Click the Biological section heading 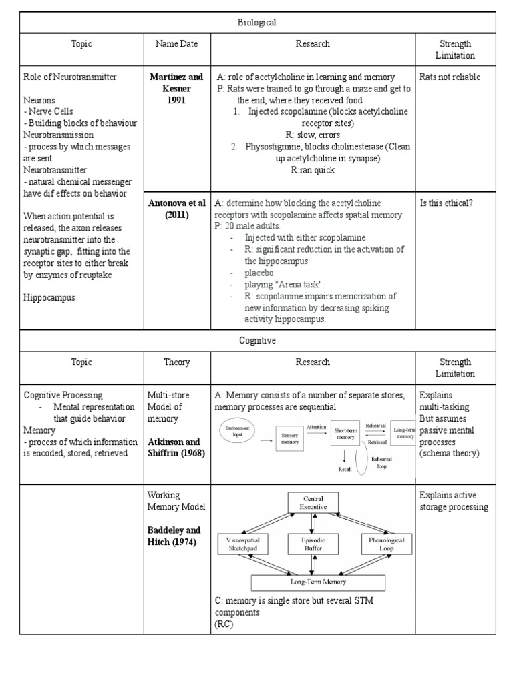pos(256,22)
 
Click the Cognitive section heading pos(256,340)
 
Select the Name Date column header pos(178,44)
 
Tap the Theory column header pos(177,362)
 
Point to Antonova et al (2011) pos(177,209)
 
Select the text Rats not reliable pos(450,77)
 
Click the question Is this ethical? pos(446,203)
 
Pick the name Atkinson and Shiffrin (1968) pos(176,447)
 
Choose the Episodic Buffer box pos(313,544)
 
